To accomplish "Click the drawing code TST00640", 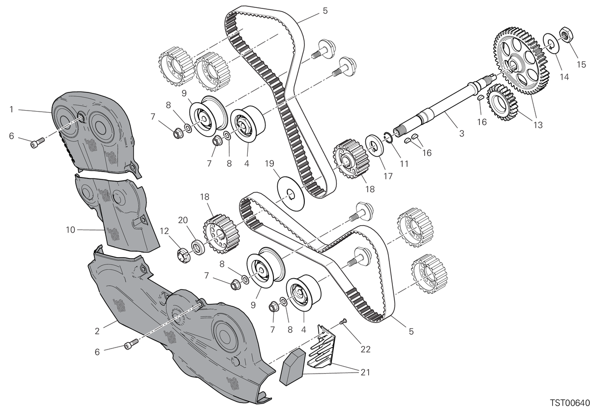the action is pyautogui.click(x=570, y=403).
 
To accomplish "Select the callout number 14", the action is pyautogui.click(x=564, y=77).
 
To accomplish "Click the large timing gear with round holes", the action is pyautogui.click(x=521, y=60).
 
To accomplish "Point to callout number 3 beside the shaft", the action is pyautogui.click(x=462, y=134).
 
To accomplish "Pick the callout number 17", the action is pyautogui.click(x=388, y=176).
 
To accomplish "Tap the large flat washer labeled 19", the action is pyautogui.click(x=291, y=194).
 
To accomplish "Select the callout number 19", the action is pyautogui.click(x=269, y=164).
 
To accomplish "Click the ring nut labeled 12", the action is pyautogui.click(x=183, y=255).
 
